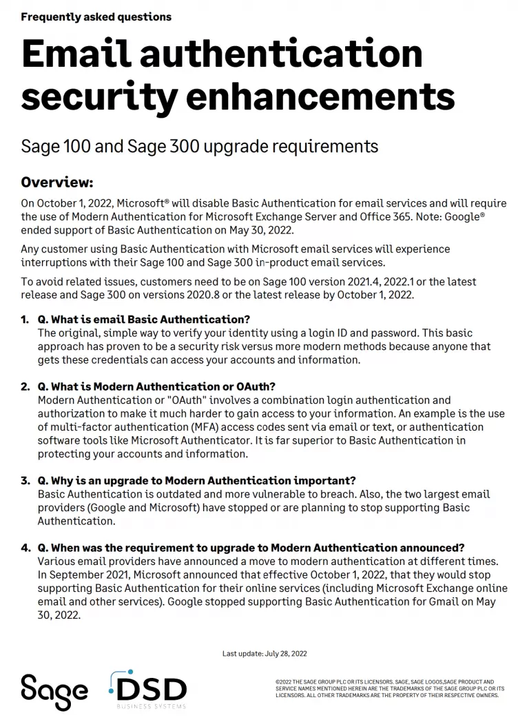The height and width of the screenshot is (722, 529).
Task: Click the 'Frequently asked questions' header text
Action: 96,17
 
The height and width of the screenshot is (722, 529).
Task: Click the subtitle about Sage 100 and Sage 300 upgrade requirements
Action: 199,146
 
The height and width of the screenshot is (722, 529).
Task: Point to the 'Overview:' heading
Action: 56,183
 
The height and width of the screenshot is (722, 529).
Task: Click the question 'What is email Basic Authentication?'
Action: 143,320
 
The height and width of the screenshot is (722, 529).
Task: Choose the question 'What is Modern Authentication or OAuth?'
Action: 156,386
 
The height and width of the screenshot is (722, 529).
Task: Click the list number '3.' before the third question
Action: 25,480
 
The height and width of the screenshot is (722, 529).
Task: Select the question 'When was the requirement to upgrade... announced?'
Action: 251,548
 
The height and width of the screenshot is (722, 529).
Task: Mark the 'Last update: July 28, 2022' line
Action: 264,653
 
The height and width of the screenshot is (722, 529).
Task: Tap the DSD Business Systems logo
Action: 149,689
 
